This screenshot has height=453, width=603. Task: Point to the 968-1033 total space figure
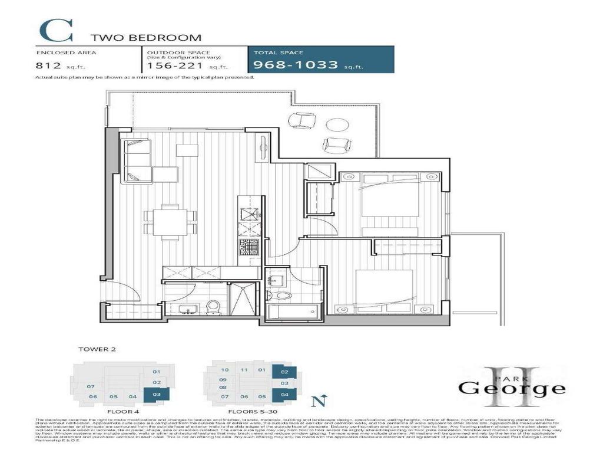[x=296, y=65]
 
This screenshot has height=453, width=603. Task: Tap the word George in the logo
[x=512, y=389]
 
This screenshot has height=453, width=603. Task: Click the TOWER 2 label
[x=94, y=349]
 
